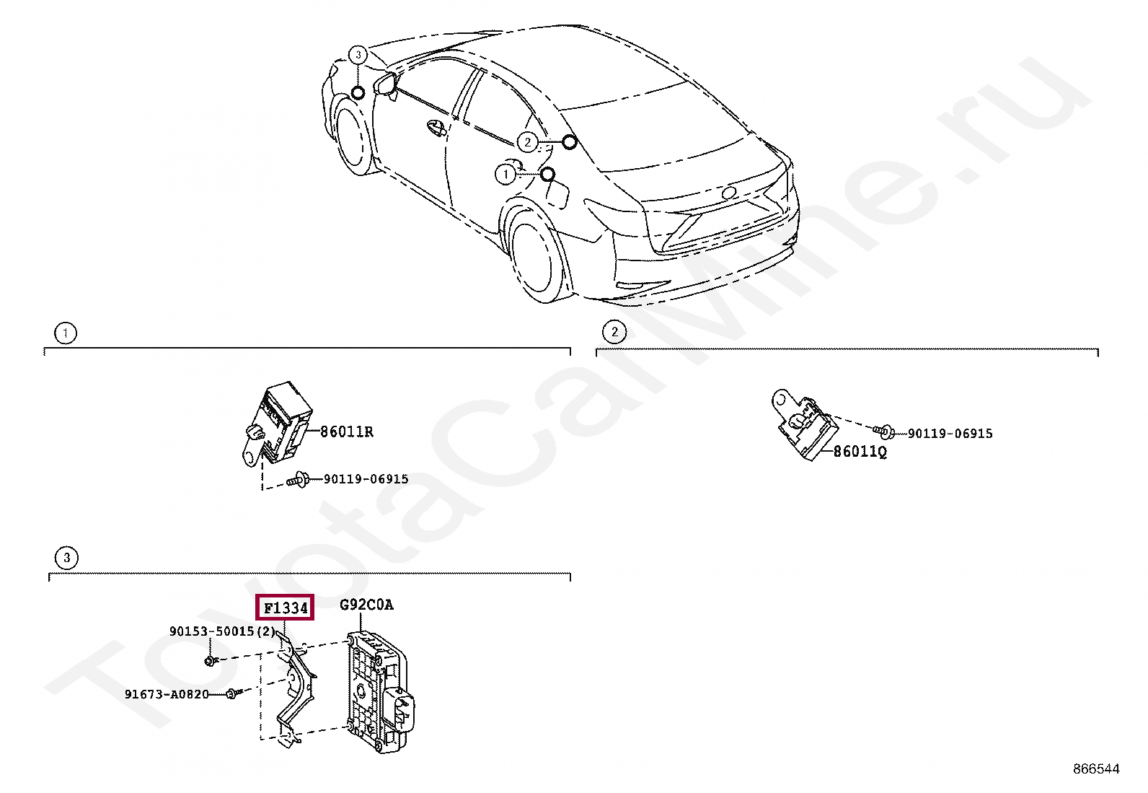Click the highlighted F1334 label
coord(286,608)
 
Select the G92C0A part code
coord(366,605)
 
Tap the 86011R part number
coord(347,431)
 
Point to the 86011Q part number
coord(860,452)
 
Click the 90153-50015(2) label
coord(222,631)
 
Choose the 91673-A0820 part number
coord(167,694)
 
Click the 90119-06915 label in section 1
coord(366,479)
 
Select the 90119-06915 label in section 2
coord(950,433)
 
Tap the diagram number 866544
coord(1096,769)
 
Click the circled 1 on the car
coord(505,175)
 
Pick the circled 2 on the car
coord(528,142)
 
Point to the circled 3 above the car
coord(358,55)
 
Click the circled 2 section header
coord(614,332)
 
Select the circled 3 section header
coord(66,557)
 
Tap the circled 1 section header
coord(65,333)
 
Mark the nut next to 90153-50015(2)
coord(209,660)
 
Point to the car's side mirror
coord(387,83)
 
